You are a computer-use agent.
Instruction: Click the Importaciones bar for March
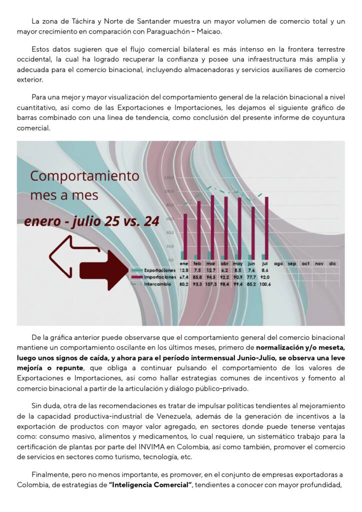212,228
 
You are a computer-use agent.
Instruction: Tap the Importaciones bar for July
266,228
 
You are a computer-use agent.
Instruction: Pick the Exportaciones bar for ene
182,255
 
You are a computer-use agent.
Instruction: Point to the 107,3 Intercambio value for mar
211,284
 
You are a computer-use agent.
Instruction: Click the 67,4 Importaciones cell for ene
183,277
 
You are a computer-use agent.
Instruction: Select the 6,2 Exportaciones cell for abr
224,270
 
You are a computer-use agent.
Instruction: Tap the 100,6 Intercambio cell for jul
265,284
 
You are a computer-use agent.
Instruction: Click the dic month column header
332,263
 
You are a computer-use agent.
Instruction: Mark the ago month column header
278,263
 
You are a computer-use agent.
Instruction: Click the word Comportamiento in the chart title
84,176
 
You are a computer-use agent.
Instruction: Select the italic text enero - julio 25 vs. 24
91,221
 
